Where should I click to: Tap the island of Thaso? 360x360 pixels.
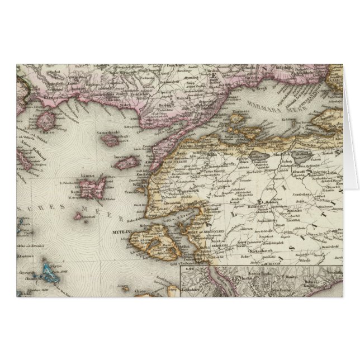point(49,120)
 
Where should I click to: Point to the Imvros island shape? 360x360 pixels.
point(127,163)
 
